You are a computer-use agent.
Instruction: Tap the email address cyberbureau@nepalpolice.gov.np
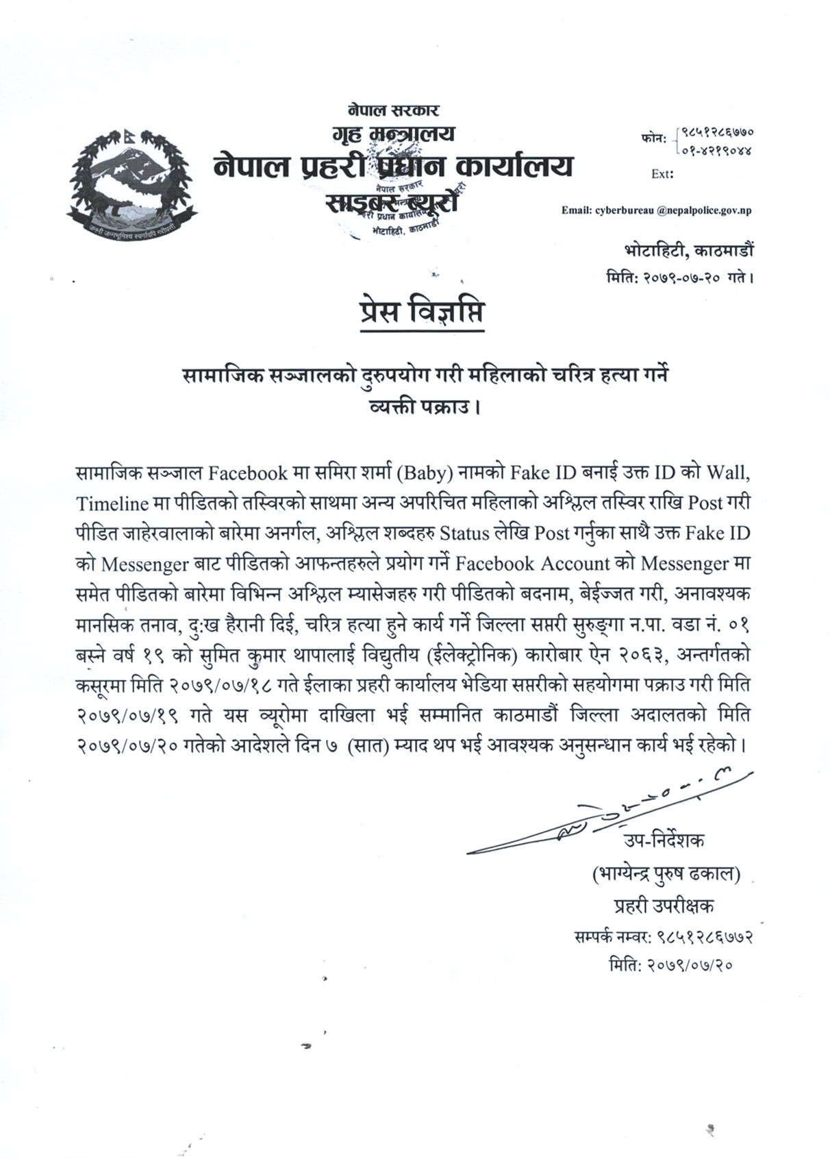pos(656,210)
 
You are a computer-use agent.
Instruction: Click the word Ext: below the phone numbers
pos(662,174)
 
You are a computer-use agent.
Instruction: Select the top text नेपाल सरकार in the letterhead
pos(392,109)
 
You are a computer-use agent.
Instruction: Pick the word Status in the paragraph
pos(468,532)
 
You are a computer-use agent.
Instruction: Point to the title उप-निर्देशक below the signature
pos(663,841)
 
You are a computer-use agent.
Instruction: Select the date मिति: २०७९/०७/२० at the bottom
pos(671,966)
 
